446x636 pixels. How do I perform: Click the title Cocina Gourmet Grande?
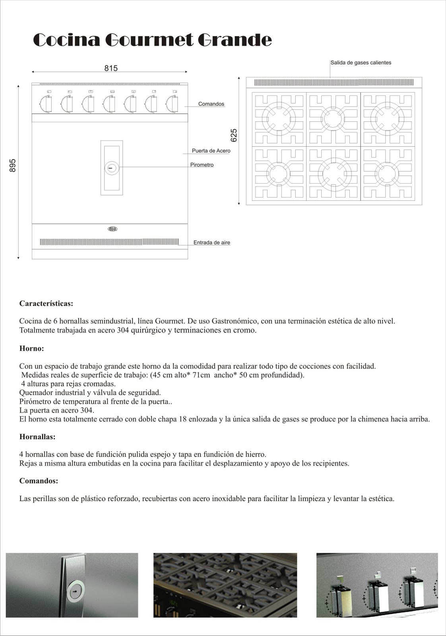coord(152,40)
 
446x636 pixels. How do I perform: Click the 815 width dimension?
coord(111,68)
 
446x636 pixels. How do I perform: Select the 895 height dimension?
coord(13,165)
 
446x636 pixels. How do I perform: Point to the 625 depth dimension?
coord(234,135)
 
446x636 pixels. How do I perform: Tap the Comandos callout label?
coord(211,104)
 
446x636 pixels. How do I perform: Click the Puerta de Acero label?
coord(211,151)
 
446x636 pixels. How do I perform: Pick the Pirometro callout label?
coord(202,165)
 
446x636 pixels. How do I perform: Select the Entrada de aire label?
coord(211,242)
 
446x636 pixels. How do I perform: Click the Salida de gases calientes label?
coord(361,63)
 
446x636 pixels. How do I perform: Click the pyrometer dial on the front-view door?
coord(112,168)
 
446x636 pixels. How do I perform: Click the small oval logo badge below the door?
coord(112,229)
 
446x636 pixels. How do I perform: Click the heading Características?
coord(46,304)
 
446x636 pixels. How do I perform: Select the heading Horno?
coord(31,349)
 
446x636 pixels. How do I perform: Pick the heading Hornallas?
coord(37,437)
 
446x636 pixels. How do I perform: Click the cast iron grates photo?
coord(225,585)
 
